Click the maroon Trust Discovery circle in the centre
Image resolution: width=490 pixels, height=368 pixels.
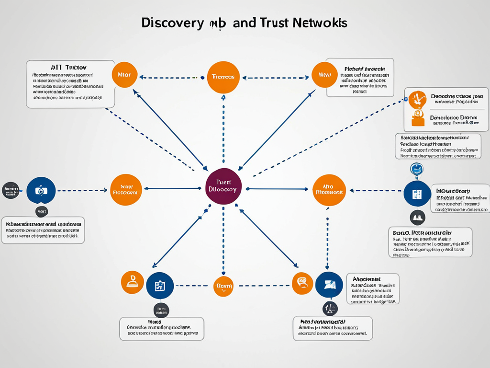point(223,186)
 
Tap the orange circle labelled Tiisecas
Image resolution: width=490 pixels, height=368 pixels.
point(223,77)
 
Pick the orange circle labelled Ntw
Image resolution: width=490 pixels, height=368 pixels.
point(324,75)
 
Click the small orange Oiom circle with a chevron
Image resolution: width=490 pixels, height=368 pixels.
point(223,286)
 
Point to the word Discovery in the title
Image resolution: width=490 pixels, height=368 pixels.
point(172,23)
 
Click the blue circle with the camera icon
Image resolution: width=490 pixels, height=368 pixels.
point(41,191)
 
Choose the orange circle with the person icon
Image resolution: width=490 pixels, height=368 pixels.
point(132,282)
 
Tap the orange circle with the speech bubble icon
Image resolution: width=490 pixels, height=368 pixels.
point(302,283)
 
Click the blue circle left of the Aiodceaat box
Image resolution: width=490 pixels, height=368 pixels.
point(329,285)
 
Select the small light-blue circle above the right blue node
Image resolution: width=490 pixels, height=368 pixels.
point(417,169)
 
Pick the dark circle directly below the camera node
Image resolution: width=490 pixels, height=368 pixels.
point(42,211)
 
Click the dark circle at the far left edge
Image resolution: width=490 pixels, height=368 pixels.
point(11,190)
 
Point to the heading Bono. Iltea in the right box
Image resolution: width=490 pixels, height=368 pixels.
point(421,232)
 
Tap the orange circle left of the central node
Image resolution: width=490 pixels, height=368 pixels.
point(125,190)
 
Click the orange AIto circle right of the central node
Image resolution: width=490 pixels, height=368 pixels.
point(329,190)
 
